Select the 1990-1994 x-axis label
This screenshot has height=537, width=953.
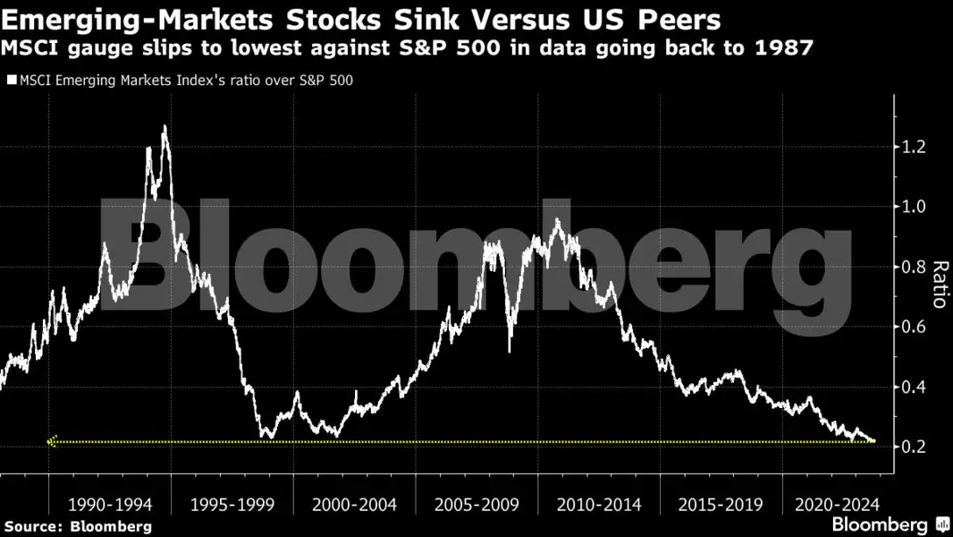[110, 505]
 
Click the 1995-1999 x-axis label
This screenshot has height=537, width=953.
[232, 505]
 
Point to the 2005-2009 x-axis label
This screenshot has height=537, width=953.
[476, 505]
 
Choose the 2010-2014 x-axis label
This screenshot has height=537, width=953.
[598, 505]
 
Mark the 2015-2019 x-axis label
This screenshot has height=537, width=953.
[721, 505]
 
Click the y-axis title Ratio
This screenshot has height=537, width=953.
[939, 285]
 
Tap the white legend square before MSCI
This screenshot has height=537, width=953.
[11, 81]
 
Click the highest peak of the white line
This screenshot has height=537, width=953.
[164, 127]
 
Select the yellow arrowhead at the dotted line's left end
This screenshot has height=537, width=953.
[52, 441]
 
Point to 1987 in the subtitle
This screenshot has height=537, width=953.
[787, 48]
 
